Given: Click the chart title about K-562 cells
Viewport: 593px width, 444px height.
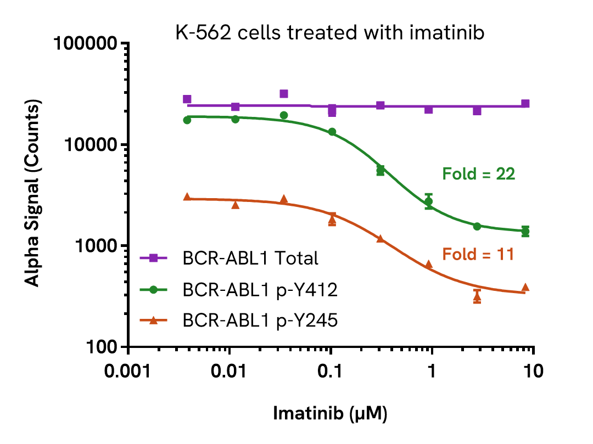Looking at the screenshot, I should click(x=330, y=33).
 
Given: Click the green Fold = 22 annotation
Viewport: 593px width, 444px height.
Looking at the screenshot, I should click(x=479, y=174).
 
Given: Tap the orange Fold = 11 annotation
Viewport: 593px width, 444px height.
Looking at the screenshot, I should click(x=478, y=254).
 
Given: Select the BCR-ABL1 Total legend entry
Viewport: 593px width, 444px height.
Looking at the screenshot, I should click(x=251, y=258).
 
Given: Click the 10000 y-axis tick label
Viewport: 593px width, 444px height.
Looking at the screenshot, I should click(x=93, y=145).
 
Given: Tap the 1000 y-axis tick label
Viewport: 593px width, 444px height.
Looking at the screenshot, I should click(x=97, y=246).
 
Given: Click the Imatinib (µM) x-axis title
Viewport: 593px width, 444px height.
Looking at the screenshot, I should click(x=330, y=413).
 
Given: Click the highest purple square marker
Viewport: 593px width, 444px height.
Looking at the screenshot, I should click(x=284, y=94).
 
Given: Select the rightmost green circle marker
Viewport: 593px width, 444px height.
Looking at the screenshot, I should click(x=525, y=231).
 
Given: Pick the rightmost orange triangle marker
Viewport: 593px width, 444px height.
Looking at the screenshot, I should click(x=525, y=288).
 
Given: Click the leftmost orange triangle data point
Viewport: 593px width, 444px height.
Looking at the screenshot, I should click(x=187, y=197).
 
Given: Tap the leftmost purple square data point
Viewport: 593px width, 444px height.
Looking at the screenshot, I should click(x=187, y=99).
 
